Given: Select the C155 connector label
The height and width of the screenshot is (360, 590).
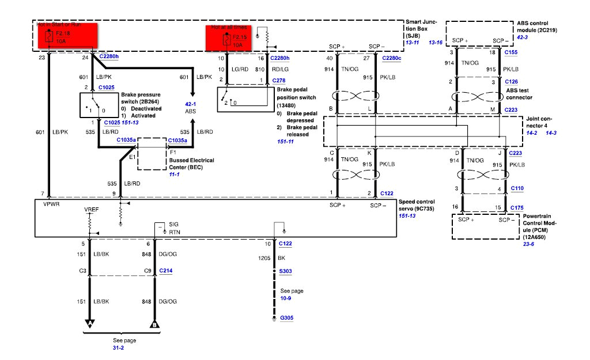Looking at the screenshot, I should click(x=510, y=52).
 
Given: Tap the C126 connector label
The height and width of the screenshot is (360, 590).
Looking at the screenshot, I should click(x=510, y=82).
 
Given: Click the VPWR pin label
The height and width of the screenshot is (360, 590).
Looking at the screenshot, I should click(x=51, y=204).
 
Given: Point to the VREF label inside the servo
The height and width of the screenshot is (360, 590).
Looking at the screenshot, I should click(x=91, y=210).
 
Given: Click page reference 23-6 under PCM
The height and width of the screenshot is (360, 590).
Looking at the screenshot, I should click(x=529, y=244).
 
